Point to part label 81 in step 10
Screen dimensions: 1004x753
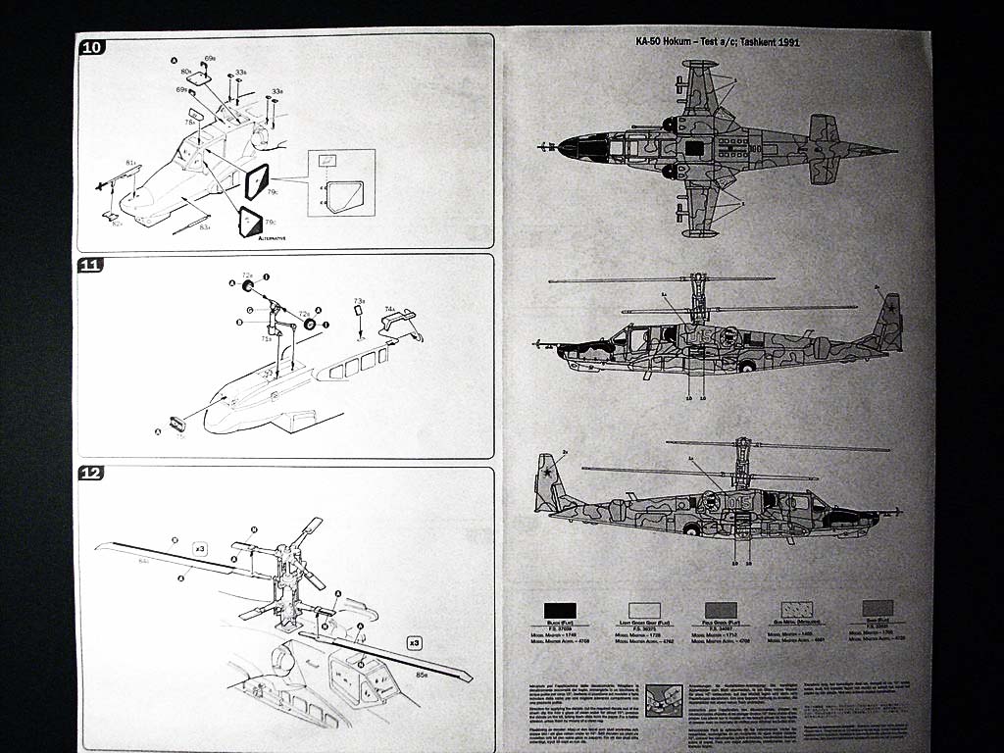[x=130, y=162]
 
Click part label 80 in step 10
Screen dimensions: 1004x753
[x=186, y=73]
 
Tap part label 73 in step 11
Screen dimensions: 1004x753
[x=359, y=301]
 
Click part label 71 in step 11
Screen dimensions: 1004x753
[x=266, y=338]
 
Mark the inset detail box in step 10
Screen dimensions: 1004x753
[x=340, y=182]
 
